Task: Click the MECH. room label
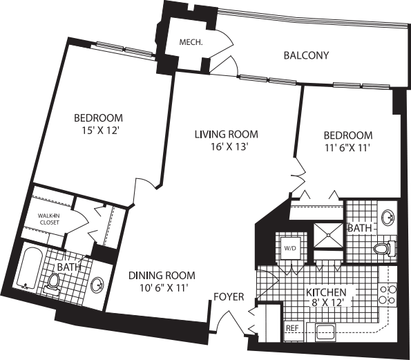tap(191, 43)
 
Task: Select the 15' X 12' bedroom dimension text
tap(99, 129)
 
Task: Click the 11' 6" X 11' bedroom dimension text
tap(348, 148)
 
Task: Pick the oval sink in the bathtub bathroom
tap(97, 285)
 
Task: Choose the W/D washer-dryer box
tap(288, 247)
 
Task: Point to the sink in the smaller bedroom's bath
tap(388, 217)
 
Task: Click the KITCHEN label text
tap(331, 292)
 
